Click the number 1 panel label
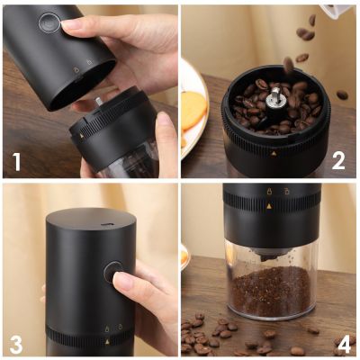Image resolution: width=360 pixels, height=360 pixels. (16, 162)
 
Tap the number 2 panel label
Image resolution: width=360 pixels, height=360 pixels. (338, 161)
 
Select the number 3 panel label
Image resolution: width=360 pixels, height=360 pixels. (16, 345)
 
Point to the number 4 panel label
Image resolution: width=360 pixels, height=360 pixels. (344, 345)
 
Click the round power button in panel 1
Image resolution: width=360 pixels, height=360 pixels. (49, 22)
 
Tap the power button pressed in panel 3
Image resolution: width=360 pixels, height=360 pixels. (113, 272)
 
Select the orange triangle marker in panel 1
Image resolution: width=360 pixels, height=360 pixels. (82, 136)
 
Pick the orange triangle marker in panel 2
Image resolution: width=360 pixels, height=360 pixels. (274, 154)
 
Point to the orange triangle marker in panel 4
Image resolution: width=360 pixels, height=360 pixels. (269, 206)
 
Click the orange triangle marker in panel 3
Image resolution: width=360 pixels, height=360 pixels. (107, 342)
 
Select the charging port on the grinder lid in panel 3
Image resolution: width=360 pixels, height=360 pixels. (105, 224)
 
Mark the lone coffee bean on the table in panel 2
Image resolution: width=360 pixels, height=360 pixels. (342, 94)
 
